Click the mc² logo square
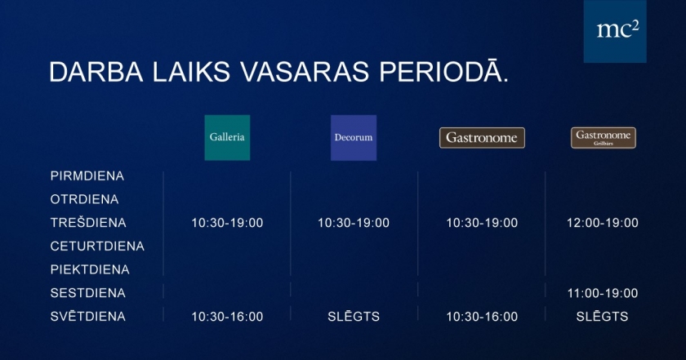tap(615, 31)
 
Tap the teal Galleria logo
tap(227, 137)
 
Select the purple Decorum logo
tap(354, 137)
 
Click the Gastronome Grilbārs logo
tap(604, 138)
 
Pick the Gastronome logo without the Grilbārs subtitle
tap(482, 138)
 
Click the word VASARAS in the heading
tap(305, 72)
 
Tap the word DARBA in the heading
tap(96, 72)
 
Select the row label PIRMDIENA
tap(87, 176)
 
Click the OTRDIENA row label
tap(84, 199)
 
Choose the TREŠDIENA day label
tap(88, 222)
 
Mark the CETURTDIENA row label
tap(97, 247)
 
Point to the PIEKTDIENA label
tap(90, 269)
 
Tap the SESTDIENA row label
tap(88, 293)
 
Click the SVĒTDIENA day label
tap(88, 316)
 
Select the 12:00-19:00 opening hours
tap(603, 223)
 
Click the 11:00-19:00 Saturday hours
tap(603, 293)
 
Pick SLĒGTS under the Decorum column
tap(354, 316)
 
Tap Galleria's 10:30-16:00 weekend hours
tap(227, 317)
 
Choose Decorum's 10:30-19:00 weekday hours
tap(354, 223)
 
